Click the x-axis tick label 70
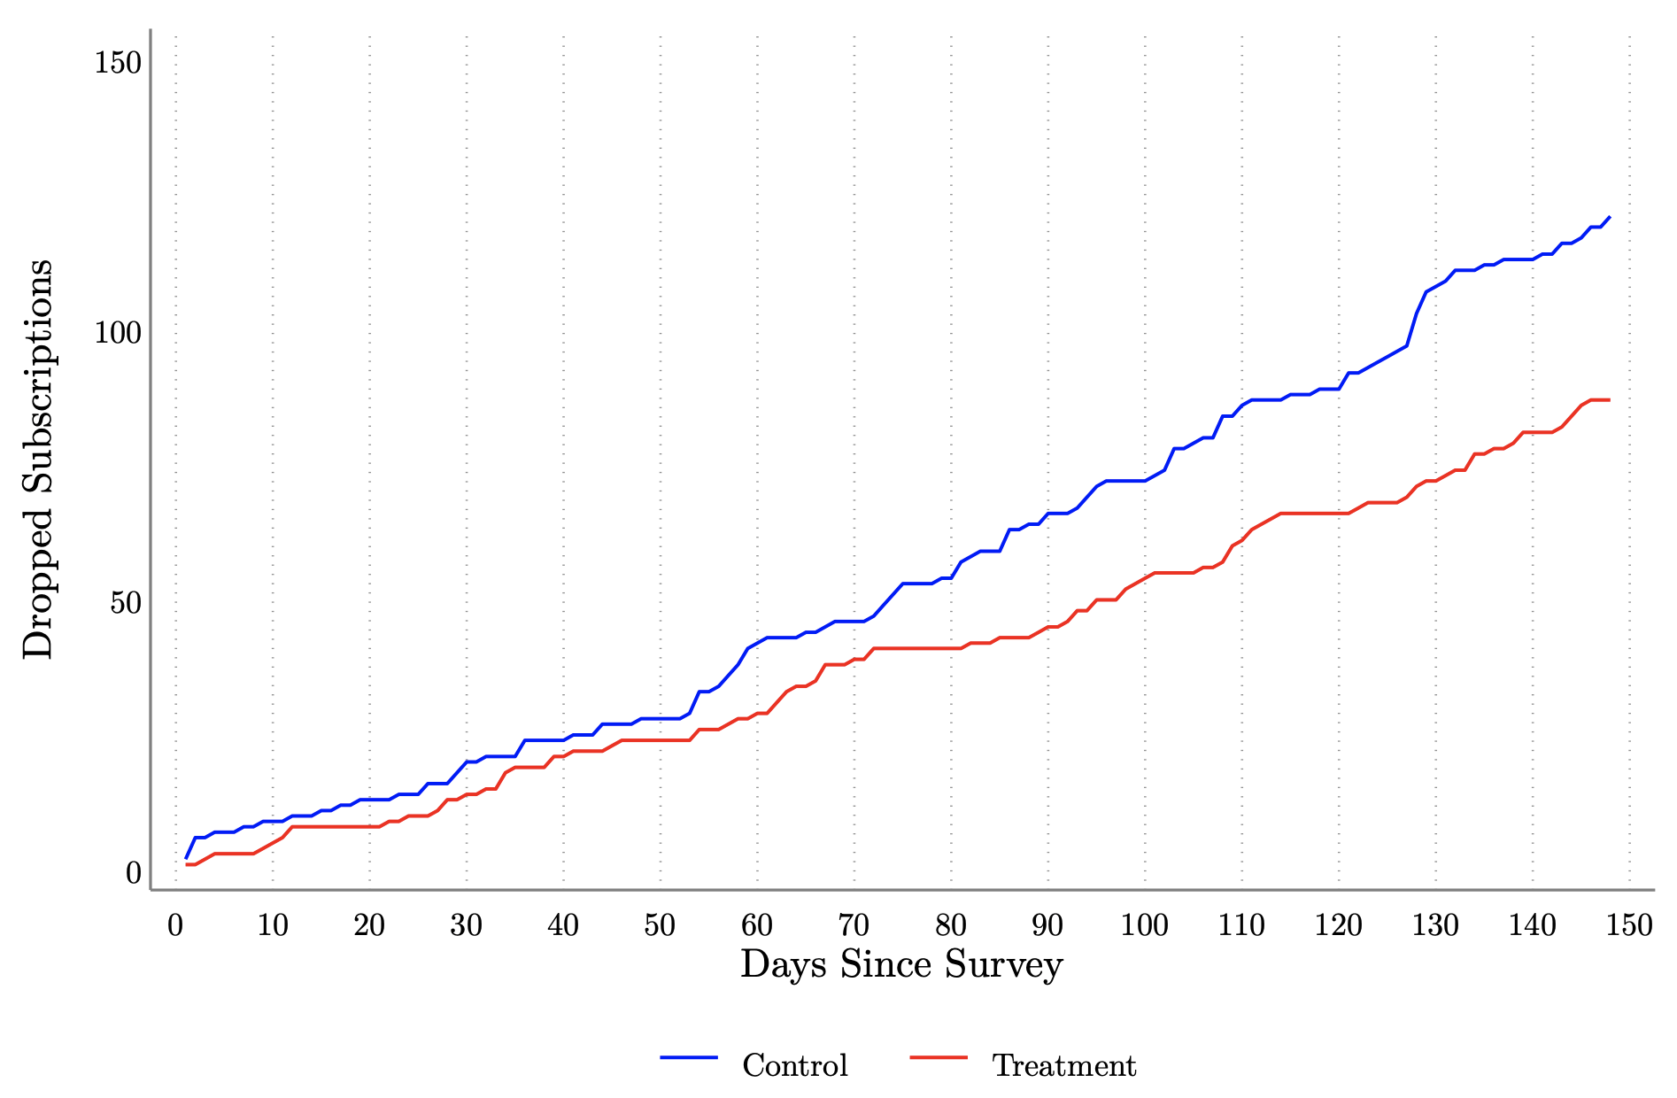854,925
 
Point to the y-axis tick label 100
118,334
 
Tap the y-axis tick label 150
118,63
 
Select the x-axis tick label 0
175,925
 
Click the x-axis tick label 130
1435,925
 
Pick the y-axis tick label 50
125,604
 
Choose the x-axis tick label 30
466,925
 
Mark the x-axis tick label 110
1241,925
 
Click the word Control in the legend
795,1065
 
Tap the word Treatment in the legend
1064,1065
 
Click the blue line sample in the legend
689,1057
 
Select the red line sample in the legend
939,1057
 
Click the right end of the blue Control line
1609,217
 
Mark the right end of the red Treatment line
1608,400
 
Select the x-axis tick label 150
1629,925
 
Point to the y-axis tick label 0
134,874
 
